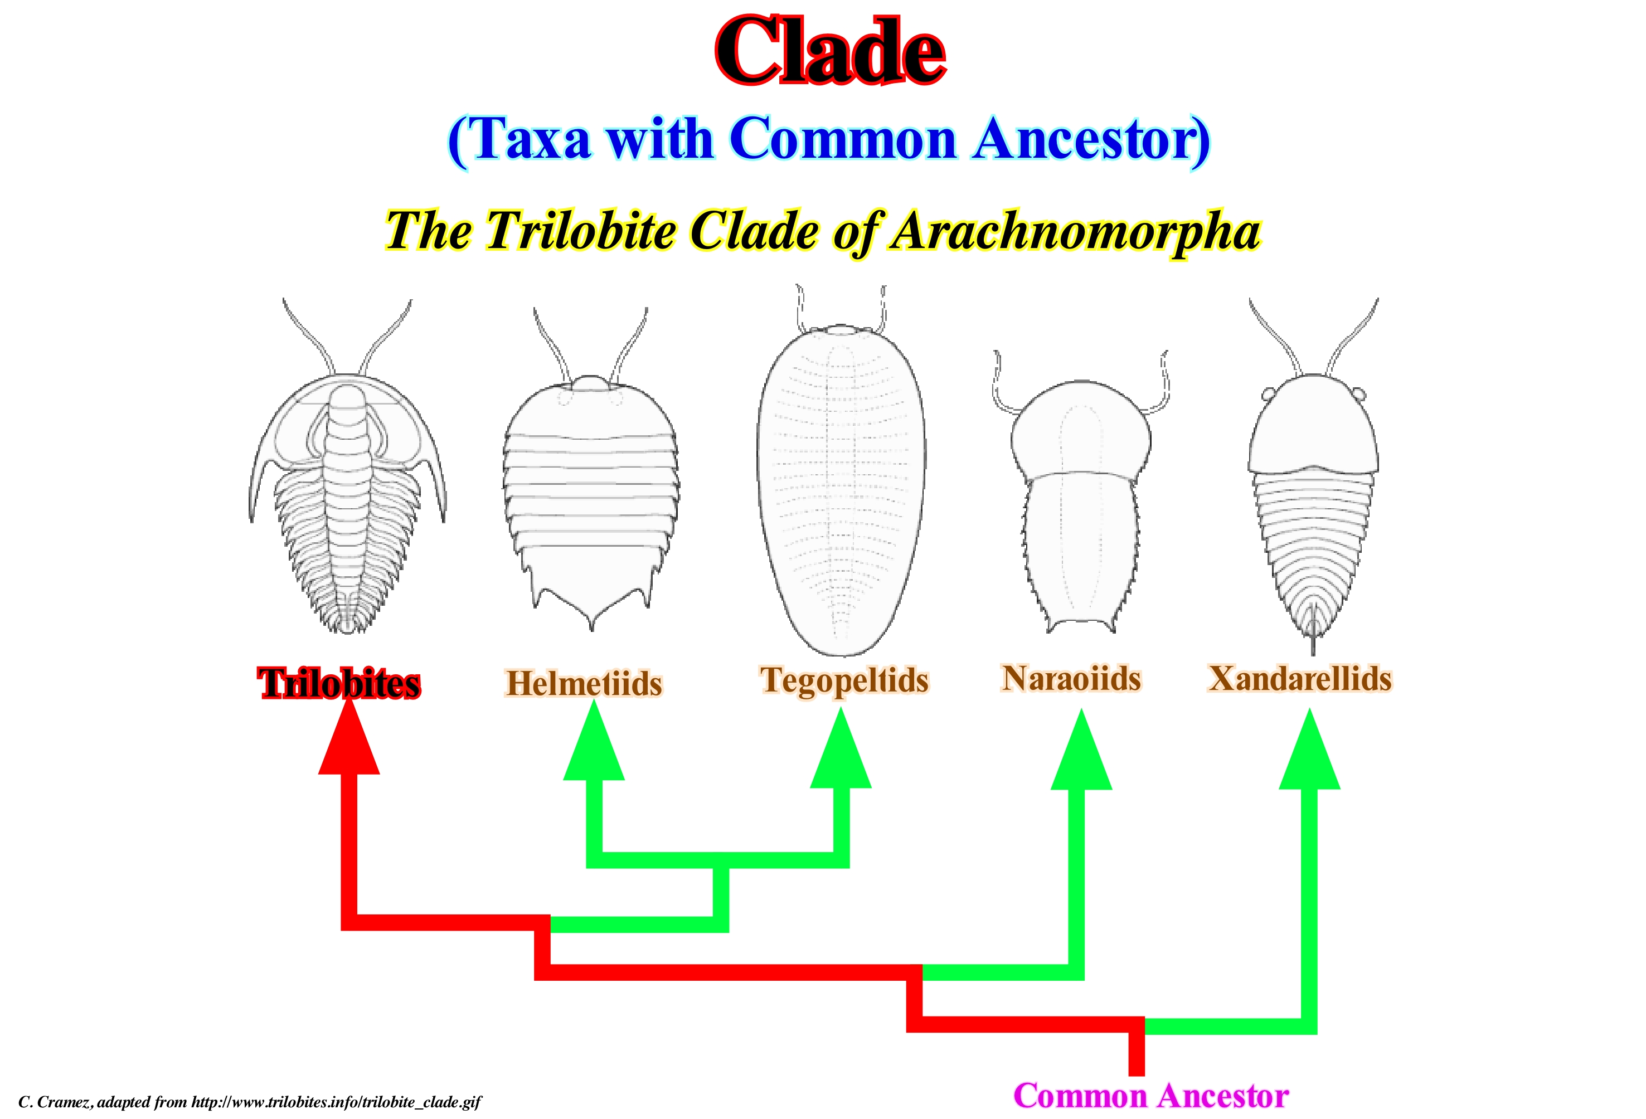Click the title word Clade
(x=830, y=51)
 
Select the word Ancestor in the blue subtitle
(x=1091, y=139)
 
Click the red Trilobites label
(x=339, y=683)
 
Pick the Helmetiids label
(x=584, y=683)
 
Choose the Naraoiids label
(x=1071, y=678)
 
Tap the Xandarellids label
(x=1300, y=678)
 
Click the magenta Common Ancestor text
(x=1151, y=1095)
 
